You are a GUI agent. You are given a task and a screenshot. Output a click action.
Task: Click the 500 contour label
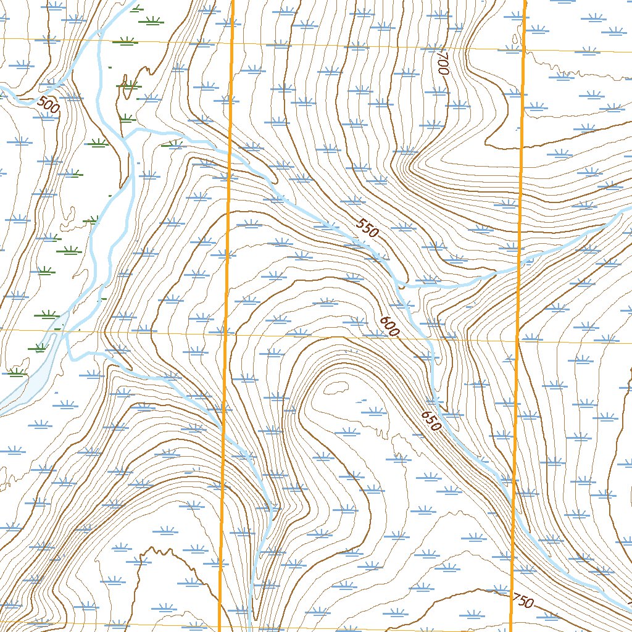click(x=48, y=104)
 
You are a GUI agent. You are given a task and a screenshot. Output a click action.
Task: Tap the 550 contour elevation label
click(x=367, y=230)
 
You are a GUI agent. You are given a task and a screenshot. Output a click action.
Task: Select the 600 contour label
click(x=390, y=326)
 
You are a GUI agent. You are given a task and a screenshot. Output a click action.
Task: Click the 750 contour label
click(x=523, y=601)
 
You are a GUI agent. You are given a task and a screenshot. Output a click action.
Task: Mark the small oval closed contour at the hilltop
click(x=336, y=388)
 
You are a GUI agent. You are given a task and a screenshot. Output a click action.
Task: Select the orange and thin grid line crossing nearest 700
click(x=523, y=50)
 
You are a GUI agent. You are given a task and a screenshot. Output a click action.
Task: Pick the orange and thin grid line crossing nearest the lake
click(x=225, y=334)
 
